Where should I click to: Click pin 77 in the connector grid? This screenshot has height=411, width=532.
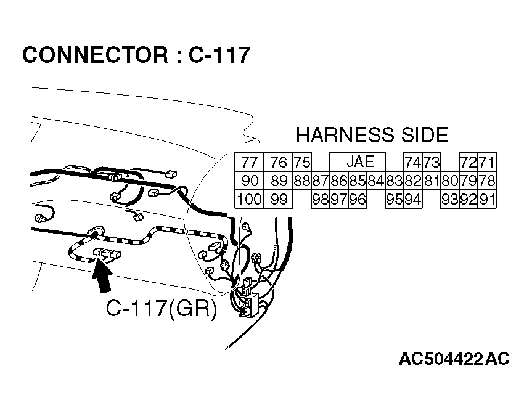[x=249, y=162]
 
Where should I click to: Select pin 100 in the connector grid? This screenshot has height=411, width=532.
[x=249, y=199]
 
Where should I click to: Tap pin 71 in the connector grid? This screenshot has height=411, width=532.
[x=487, y=162]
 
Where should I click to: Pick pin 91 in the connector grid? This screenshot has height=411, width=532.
[x=487, y=199]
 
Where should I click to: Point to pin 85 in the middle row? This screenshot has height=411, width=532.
[x=358, y=181]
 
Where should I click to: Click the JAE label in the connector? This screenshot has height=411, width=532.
[x=360, y=161]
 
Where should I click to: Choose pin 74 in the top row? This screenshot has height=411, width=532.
[x=412, y=162]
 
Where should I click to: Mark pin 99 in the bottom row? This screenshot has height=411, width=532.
[x=279, y=199]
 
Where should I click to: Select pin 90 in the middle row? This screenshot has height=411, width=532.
[x=249, y=181]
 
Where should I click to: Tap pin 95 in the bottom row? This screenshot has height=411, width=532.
[x=395, y=199]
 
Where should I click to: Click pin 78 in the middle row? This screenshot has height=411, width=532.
[x=487, y=181]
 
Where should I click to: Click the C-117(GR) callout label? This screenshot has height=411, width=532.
[x=162, y=309]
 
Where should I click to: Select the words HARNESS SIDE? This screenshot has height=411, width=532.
[x=372, y=135]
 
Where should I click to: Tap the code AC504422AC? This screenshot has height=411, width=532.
[x=454, y=359]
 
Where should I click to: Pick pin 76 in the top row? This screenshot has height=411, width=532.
[x=279, y=162]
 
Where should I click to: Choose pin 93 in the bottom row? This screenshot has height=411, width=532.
[x=450, y=199]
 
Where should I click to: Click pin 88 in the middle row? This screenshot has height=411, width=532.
[x=302, y=181]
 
